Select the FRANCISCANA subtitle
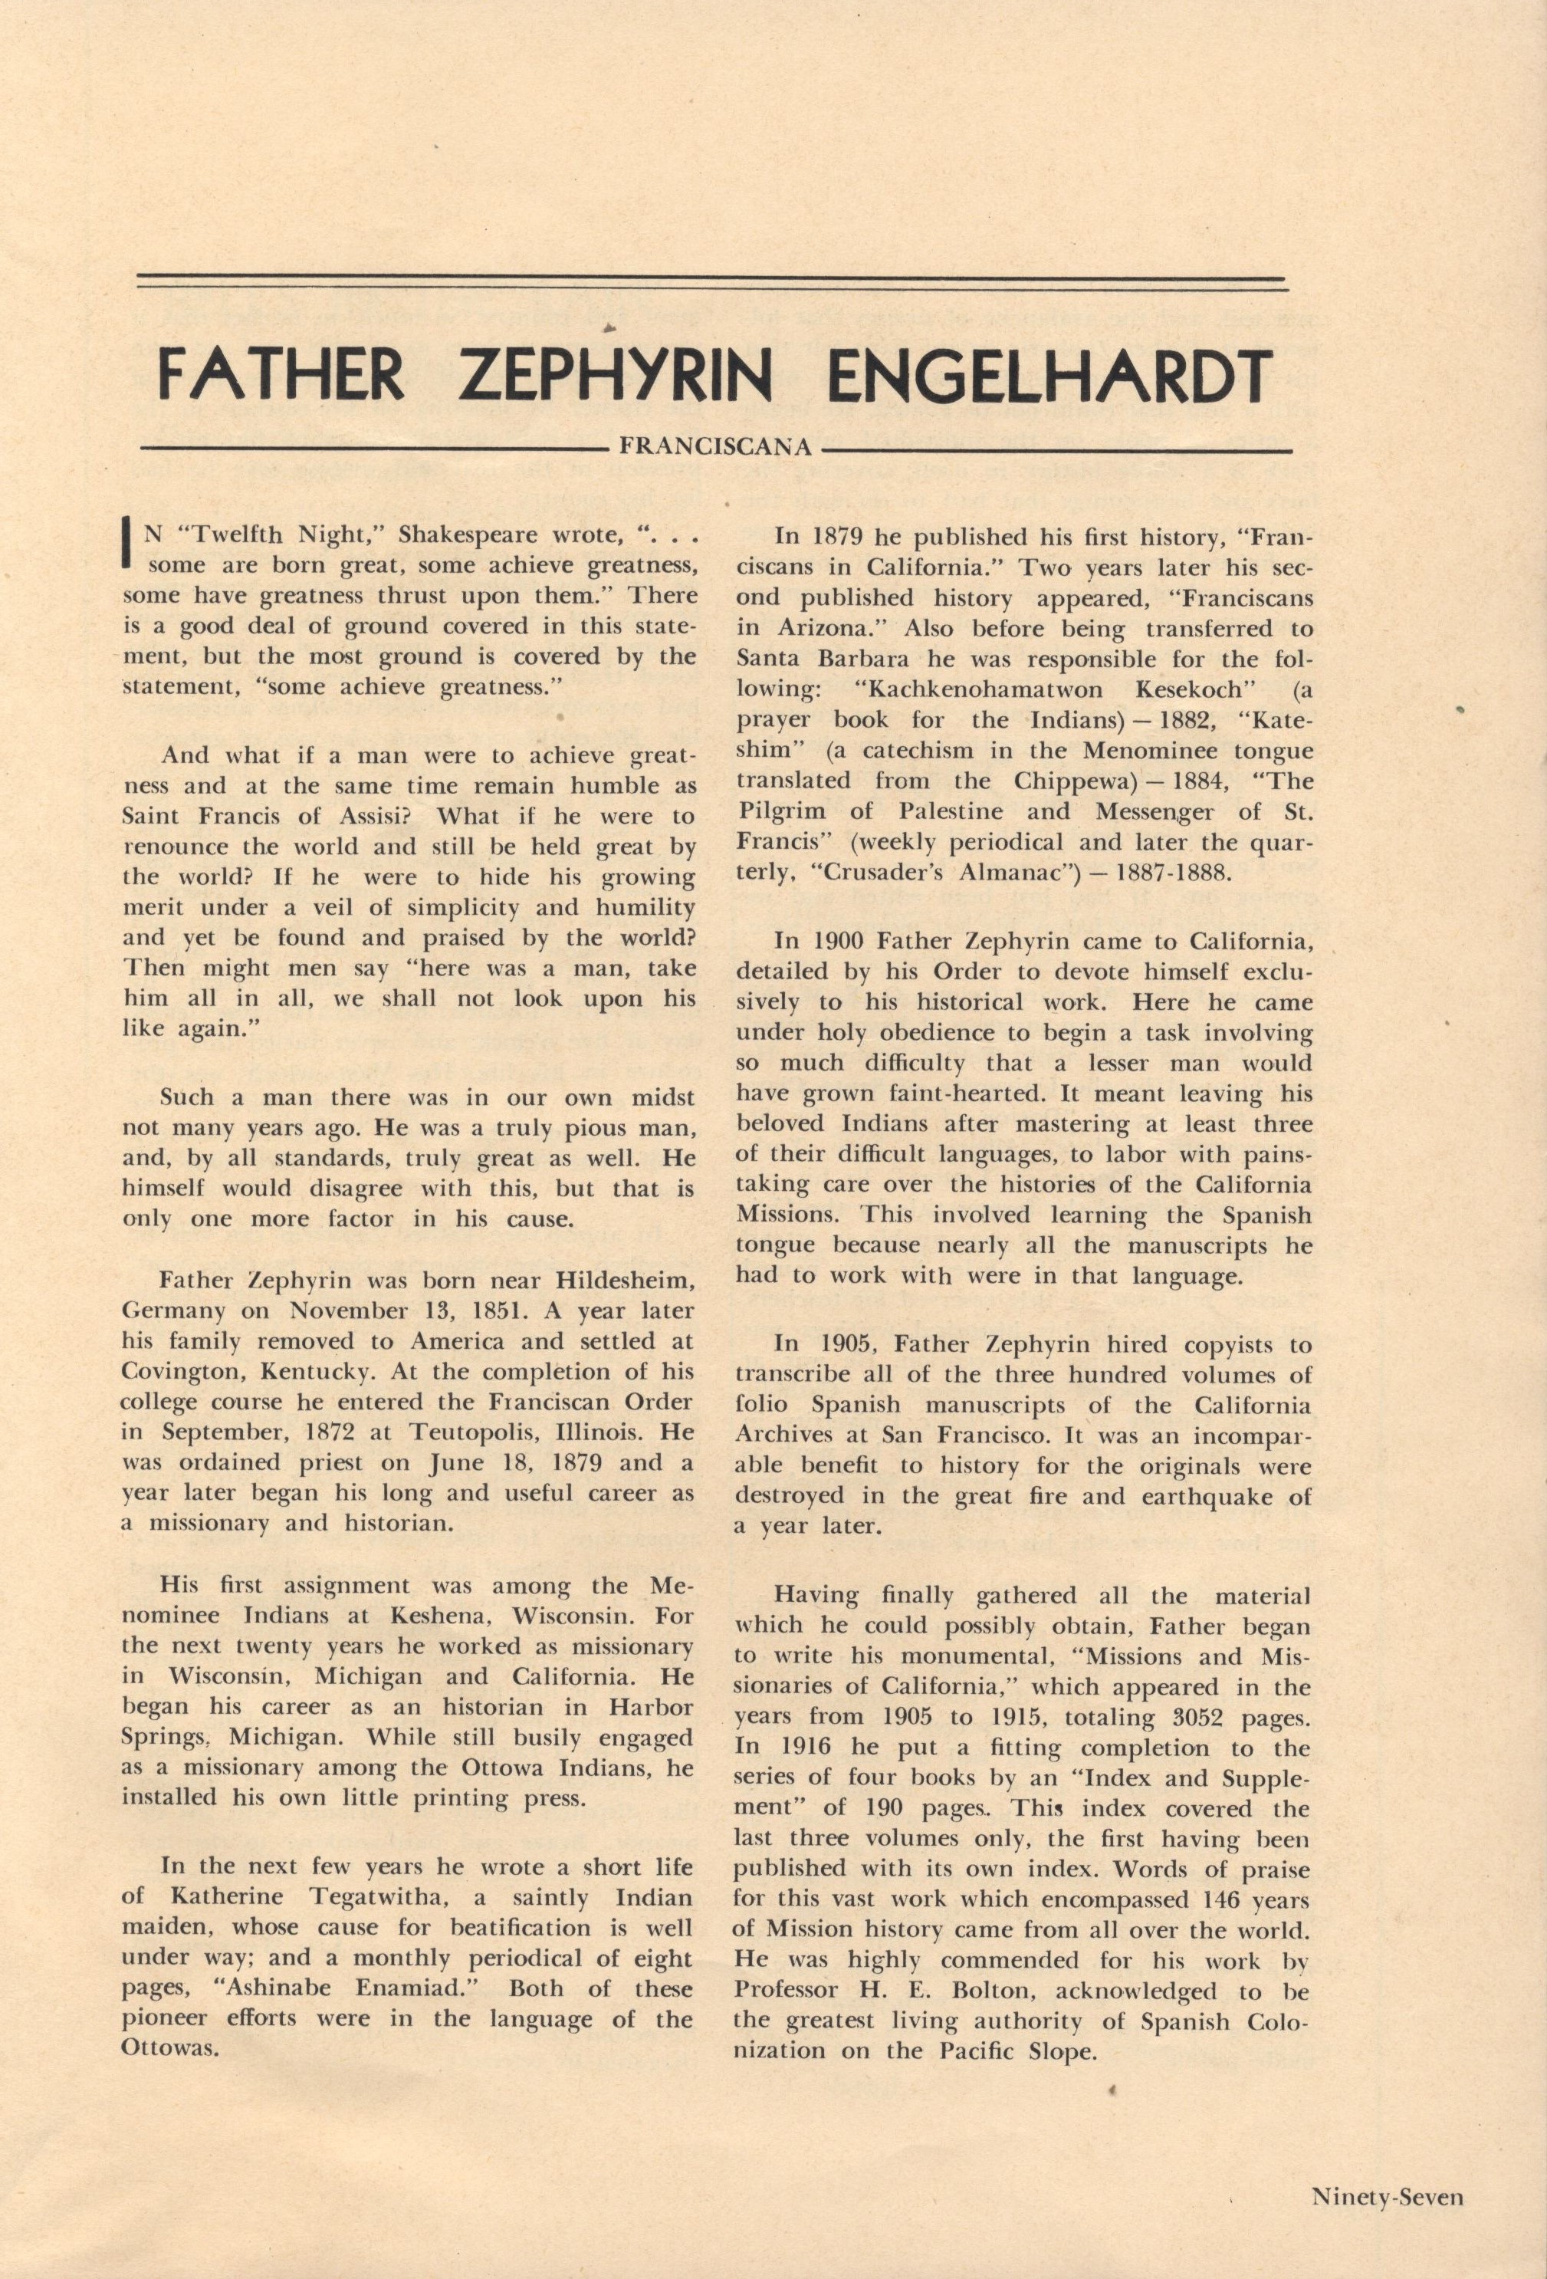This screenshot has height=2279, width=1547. point(716,448)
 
